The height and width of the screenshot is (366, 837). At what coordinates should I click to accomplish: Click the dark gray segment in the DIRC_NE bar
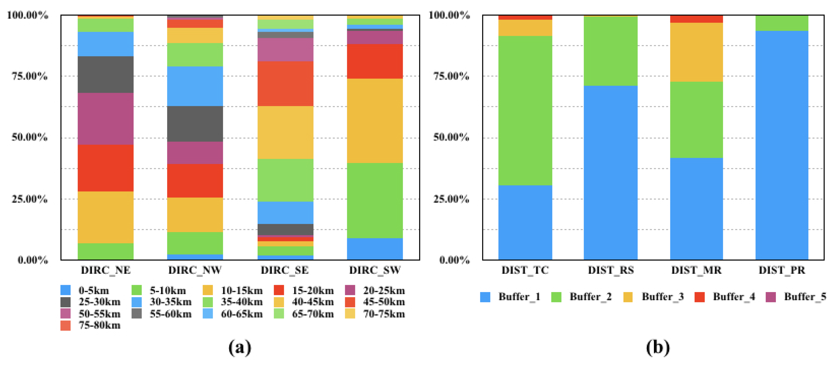click(x=105, y=74)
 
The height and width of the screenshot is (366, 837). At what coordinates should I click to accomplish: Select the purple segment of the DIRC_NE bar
click(x=105, y=119)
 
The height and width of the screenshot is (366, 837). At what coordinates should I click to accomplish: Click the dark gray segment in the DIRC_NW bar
click(x=195, y=124)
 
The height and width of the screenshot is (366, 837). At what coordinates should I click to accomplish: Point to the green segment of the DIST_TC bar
click(x=525, y=110)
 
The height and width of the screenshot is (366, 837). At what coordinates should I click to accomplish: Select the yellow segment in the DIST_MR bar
click(x=696, y=52)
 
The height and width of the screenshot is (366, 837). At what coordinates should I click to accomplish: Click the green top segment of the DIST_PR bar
click(x=782, y=23)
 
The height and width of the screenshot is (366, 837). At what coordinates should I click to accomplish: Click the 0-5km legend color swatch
click(x=65, y=290)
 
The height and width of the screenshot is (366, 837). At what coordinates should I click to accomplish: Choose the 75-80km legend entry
click(x=91, y=325)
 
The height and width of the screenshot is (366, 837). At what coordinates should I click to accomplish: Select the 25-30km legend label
click(x=99, y=302)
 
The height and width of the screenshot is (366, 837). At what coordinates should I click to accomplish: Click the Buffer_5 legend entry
click(x=796, y=297)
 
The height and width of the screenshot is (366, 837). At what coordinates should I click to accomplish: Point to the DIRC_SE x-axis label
click(x=285, y=270)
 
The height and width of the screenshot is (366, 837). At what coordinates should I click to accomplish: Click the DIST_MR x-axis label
click(x=696, y=270)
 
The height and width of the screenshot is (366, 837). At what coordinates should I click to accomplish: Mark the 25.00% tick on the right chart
click(x=451, y=199)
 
